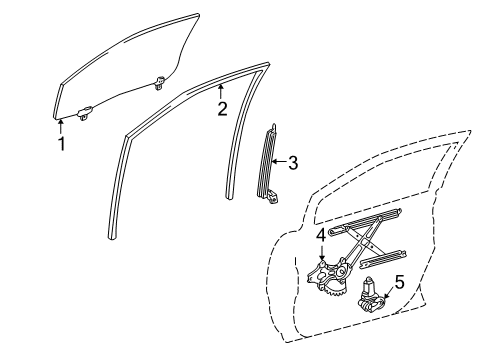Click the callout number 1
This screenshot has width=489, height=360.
pos(61,143)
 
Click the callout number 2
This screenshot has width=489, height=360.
pos(222,109)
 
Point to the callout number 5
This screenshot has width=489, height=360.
pos(398,283)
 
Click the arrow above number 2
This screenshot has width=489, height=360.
pos(220,92)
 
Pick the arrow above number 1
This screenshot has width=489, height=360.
pos(61,124)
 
